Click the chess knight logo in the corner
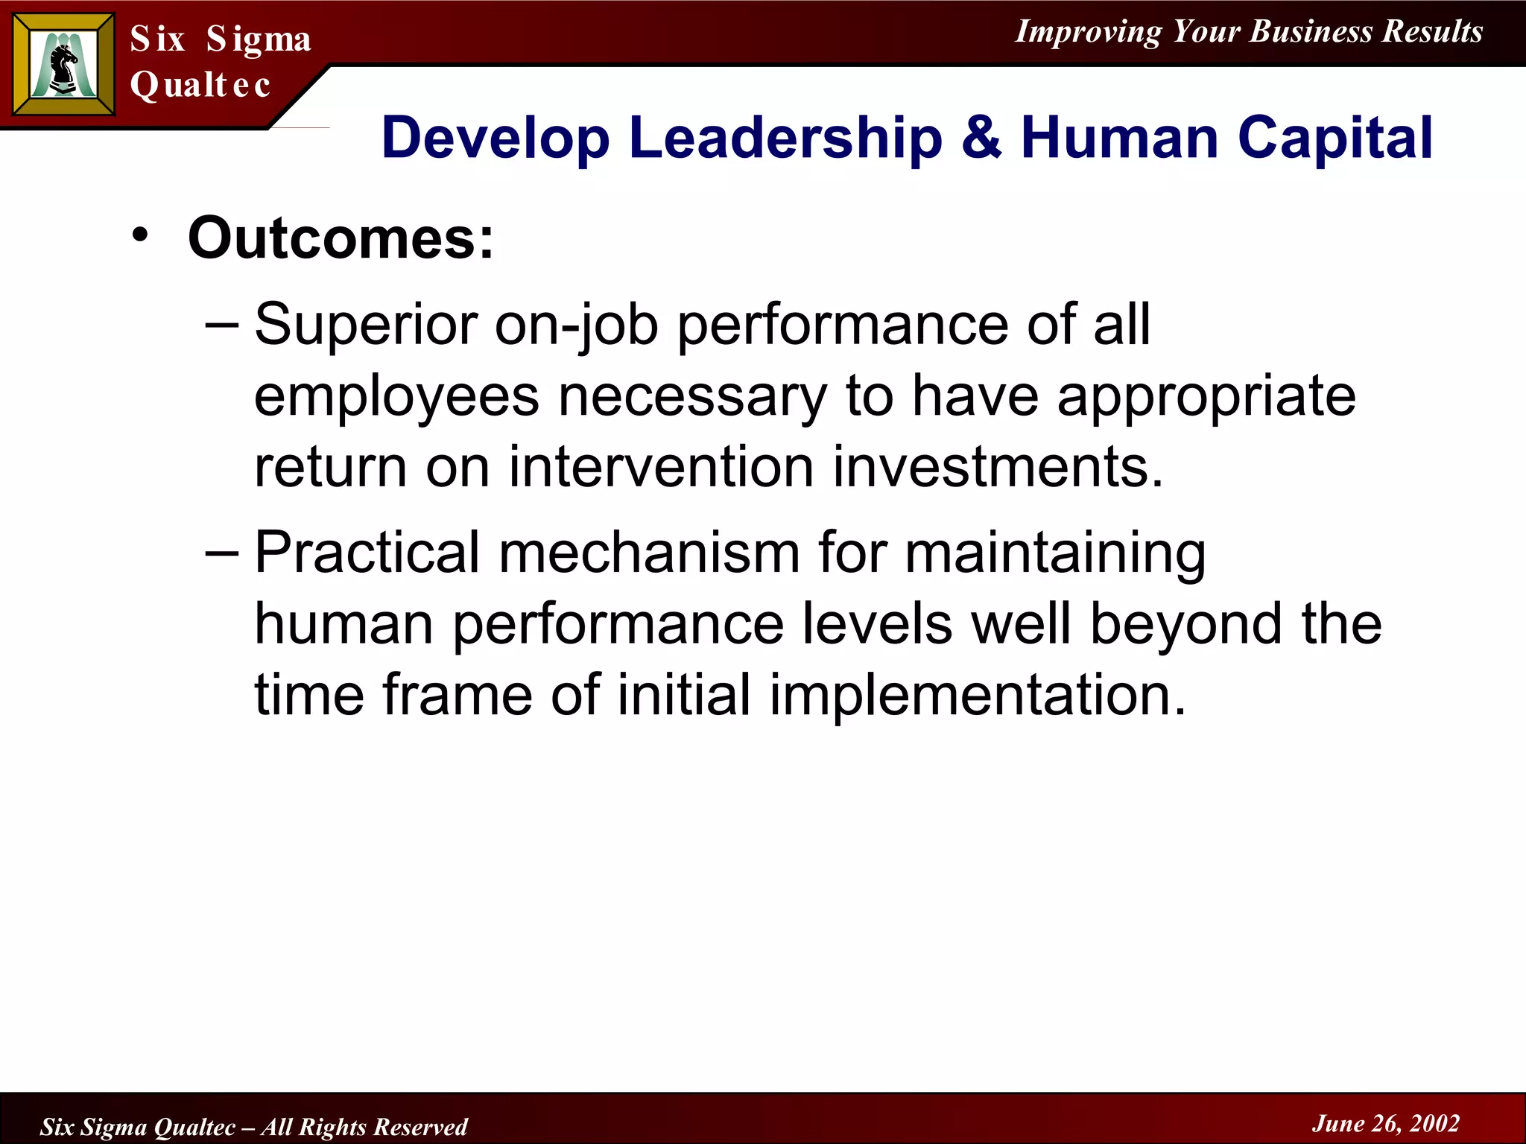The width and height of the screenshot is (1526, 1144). click(63, 65)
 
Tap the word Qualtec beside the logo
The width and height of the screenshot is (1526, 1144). click(200, 84)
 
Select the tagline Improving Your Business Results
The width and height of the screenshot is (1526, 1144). click(1249, 31)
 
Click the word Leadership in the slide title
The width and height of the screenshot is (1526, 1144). click(785, 138)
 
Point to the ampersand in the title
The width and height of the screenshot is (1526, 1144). click(981, 138)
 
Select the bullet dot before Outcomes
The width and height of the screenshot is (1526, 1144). click(140, 236)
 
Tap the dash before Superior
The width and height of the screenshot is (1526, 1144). click(221, 324)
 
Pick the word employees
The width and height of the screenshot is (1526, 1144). click(396, 396)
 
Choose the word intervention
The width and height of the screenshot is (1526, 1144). click(661, 467)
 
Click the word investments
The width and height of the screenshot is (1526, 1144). click(998, 467)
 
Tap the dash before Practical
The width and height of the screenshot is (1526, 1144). click(221, 553)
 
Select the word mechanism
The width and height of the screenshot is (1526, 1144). click(648, 553)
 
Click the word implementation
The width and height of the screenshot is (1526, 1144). click(977, 695)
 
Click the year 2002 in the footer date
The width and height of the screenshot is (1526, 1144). click(1434, 1123)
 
